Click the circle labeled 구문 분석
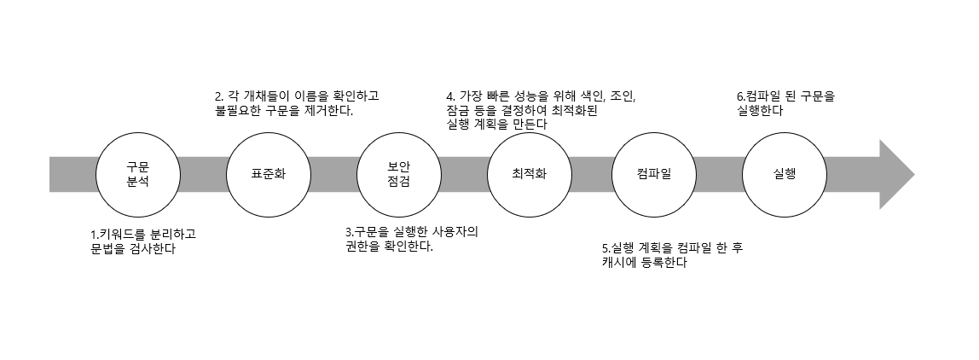(137, 174)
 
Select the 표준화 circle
(268, 174)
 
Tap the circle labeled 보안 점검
(398, 174)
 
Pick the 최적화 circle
(529, 174)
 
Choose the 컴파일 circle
(654, 174)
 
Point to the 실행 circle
(785, 174)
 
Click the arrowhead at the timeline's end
(895, 174)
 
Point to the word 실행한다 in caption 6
(761, 111)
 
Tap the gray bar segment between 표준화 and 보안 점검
(333, 174)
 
